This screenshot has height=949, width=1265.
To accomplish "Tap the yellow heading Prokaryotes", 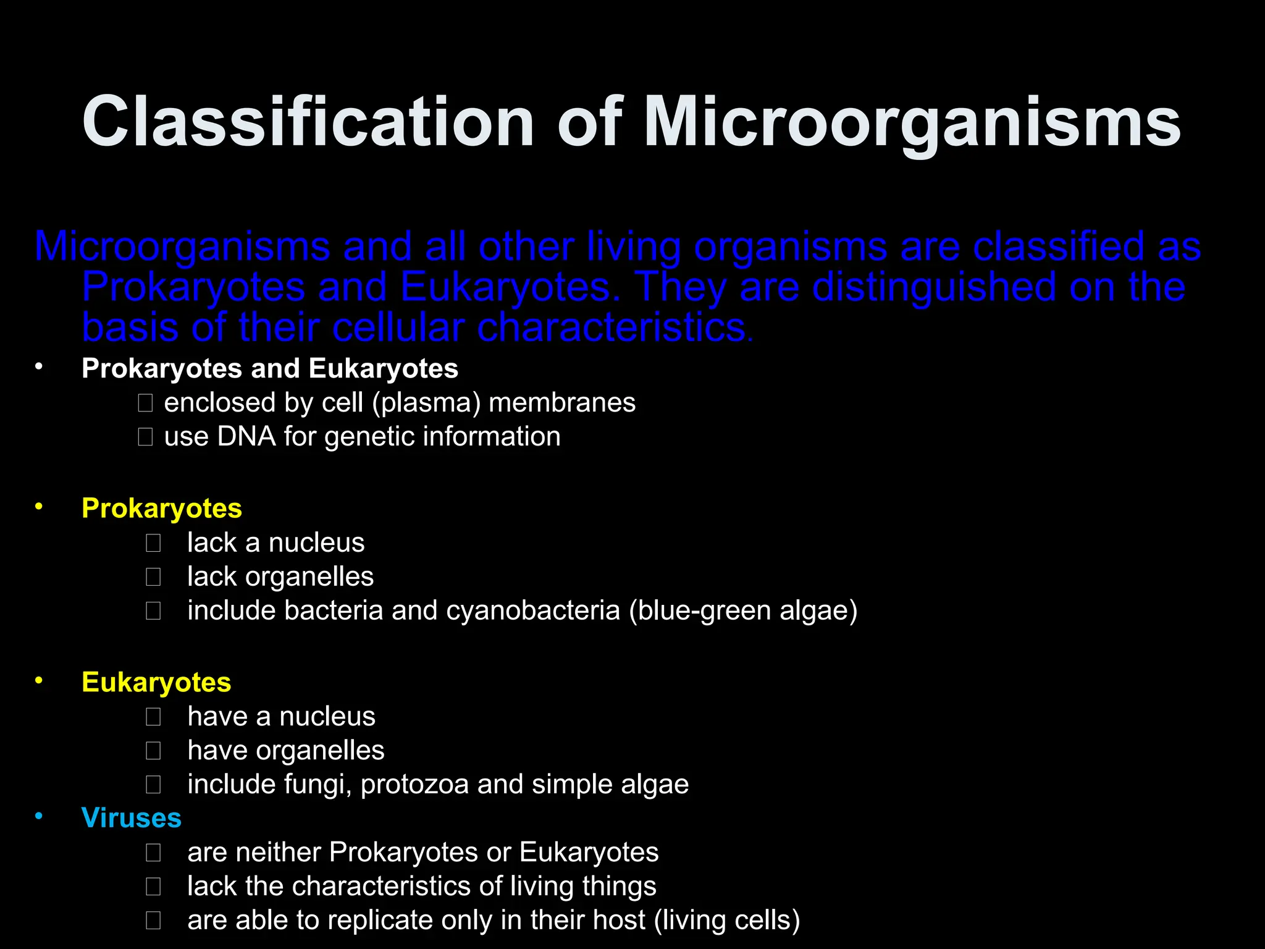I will (x=161, y=508).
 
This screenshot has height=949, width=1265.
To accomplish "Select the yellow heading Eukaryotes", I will (x=156, y=682).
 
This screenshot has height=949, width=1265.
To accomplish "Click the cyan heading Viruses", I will (x=131, y=818).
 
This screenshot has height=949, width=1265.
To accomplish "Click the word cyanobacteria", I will (x=532, y=610).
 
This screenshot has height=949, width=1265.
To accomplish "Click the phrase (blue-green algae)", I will (x=743, y=610).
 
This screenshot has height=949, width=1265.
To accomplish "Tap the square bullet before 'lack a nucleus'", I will (x=153, y=543).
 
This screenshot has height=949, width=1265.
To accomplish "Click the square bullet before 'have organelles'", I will (x=153, y=751).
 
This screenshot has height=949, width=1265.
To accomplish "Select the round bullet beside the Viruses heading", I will (x=39, y=816).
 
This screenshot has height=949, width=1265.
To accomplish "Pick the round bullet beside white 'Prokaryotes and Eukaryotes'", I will (x=39, y=367).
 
